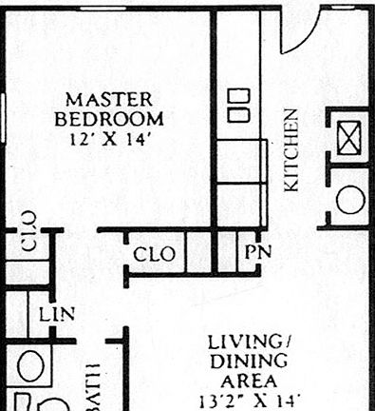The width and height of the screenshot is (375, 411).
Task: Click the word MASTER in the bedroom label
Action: point(109,99)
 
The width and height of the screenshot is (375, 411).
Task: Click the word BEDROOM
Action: point(109,119)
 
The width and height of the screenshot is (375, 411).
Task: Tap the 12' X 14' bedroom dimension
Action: point(109,138)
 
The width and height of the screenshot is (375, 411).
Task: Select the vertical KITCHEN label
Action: point(291,149)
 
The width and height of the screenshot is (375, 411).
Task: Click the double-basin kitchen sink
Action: point(238,105)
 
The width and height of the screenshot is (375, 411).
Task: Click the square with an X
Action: point(349,139)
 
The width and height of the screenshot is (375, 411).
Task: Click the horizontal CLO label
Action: point(154,255)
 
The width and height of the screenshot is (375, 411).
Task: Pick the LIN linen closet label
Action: point(57,313)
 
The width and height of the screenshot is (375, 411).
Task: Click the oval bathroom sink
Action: point(30,366)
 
